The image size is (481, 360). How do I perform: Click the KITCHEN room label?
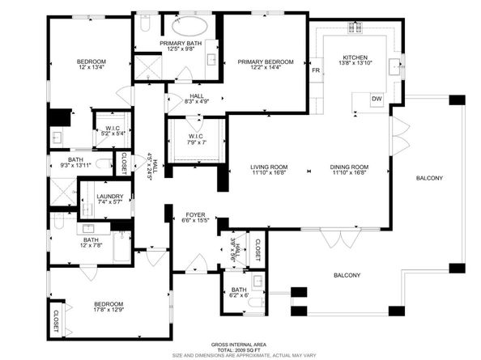355,58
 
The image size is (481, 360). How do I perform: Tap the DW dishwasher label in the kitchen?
376,99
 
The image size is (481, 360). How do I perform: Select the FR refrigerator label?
315,71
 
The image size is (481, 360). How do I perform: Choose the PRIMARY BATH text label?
181,43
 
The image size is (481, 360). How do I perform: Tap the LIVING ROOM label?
268,166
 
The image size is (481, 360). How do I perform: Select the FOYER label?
194,214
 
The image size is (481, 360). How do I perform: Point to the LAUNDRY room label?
109,197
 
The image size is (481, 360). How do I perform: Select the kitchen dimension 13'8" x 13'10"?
355,64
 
